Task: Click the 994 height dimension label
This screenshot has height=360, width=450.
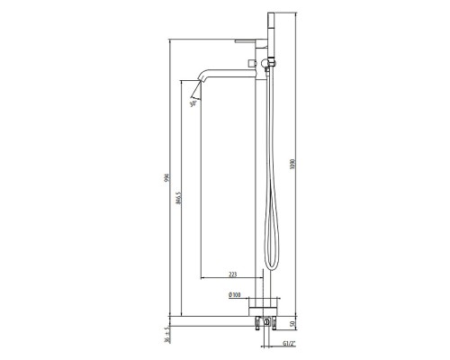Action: point(166,180)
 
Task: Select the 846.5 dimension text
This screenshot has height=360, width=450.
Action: point(181,198)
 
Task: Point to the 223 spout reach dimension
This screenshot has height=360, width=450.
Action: point(232,274)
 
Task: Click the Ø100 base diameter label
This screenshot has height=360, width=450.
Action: point(232,294)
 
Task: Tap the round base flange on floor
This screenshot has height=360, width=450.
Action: point(265,303)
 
